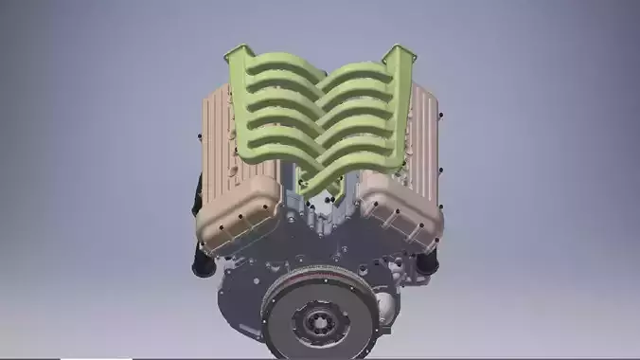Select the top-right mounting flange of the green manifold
[400, 54]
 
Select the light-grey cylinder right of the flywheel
[385, 308]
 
